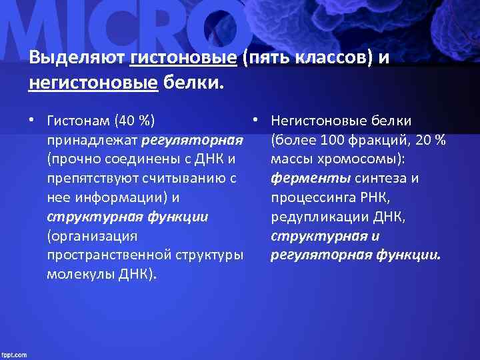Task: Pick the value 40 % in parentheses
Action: (135, 121)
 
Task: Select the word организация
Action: (93, 236)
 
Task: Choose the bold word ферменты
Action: (311, 179)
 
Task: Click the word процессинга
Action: (310, 197)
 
